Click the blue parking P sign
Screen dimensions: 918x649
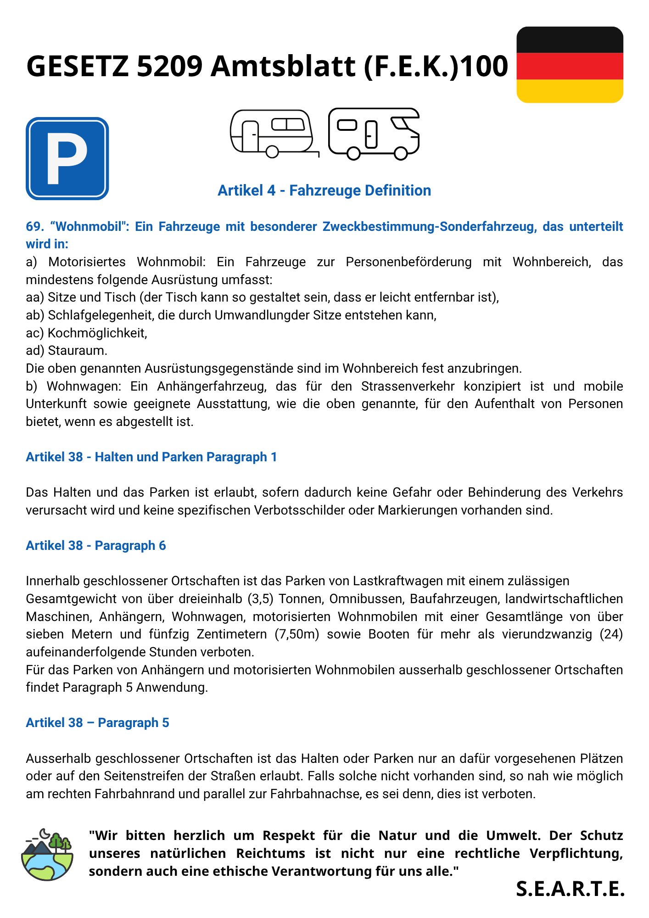[x=67, y=158]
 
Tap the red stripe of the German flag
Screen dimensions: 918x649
[x=570, y=66]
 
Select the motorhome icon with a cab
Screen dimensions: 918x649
[x=374, y=133]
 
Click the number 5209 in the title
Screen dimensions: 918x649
[x=170, y=66]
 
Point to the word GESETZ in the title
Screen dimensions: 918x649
[x=78, y=66]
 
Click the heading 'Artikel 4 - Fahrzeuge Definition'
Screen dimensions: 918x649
[x=324, y=190]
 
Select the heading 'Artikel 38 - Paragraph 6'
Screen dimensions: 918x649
[x=95, y=545]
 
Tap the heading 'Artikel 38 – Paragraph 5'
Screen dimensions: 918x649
[x=97, y=722]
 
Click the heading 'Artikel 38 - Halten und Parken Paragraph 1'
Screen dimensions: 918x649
[x=151, y=457]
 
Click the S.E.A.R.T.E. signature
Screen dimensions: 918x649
[x=570, y=889]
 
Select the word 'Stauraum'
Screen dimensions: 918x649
[x=77, y=351]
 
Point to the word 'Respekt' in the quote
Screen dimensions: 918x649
[x=289, y=835]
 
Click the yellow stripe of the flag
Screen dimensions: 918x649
[x=570, y=91]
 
